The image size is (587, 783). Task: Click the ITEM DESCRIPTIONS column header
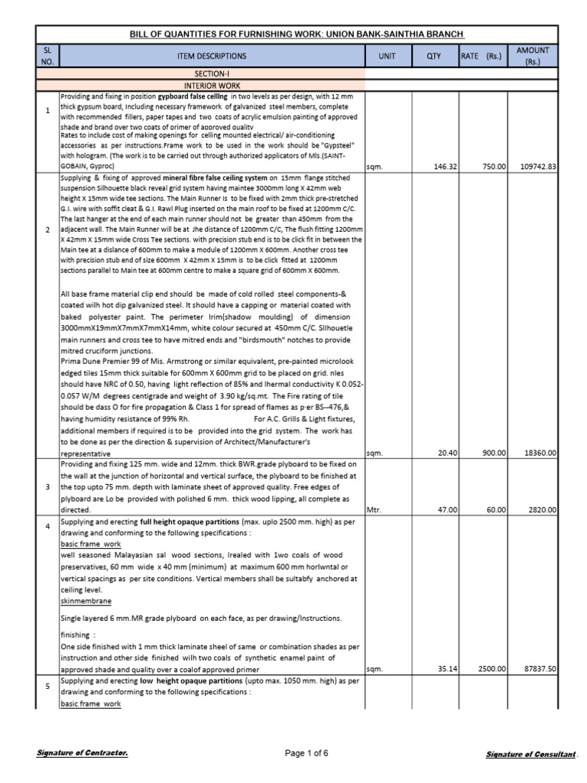coord(212,56)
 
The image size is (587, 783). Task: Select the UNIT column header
coord(388,56)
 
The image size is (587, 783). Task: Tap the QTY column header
coord(434,56)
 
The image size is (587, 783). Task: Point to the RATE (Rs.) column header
coord(482,56)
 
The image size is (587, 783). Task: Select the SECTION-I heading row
coord(212,73)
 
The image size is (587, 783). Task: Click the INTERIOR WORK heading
coord(212,85)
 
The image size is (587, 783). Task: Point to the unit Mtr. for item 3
coord(374,509)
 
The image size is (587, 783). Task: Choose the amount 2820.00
coord(545,509)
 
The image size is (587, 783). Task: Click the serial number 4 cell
coord(47,527)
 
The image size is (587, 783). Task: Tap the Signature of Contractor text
coord(83,754)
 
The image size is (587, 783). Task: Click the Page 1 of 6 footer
coord(306,754)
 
